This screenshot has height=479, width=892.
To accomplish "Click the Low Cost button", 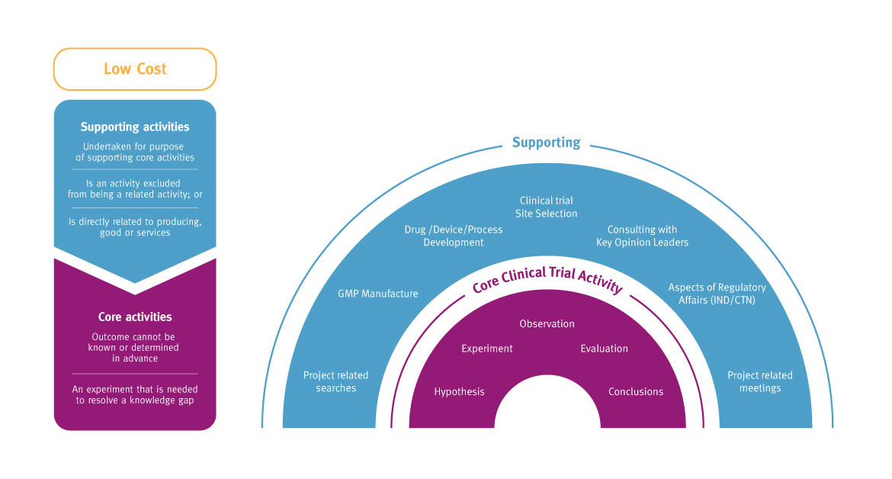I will tap(135, 69).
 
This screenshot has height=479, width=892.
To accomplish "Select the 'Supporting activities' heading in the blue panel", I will tap(135, 127).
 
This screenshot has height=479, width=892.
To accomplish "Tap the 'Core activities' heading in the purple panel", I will tap(135, 317).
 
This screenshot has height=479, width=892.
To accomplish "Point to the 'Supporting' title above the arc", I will tap(546, 143).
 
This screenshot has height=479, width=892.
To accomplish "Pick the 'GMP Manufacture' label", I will tap(378, 294).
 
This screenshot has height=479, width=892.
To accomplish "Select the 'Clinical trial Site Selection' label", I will tap(546, 207).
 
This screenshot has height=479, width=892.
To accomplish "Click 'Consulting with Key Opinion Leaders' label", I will tap(642, 236).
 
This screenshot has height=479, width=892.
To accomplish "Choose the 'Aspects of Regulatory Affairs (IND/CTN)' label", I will tap(717, 294).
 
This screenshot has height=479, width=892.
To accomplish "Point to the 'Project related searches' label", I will tap(335, 381).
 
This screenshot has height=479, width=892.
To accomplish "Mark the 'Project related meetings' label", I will tap(759, 381).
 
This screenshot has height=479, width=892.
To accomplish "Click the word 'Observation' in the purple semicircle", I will tap(547, 324).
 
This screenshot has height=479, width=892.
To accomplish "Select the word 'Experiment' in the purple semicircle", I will tap(487, 349).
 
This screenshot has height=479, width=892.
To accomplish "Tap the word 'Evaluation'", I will tap(604, 349).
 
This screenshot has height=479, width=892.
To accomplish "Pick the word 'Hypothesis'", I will tap(459, 392).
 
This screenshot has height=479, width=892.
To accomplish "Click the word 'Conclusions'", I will tap(635, 392).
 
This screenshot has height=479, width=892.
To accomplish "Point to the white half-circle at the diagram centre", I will tap(547, 408).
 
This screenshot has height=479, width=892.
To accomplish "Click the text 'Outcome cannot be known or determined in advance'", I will tap(135, 347).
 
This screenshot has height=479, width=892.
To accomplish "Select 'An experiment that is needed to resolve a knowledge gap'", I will tap(135, 394).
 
